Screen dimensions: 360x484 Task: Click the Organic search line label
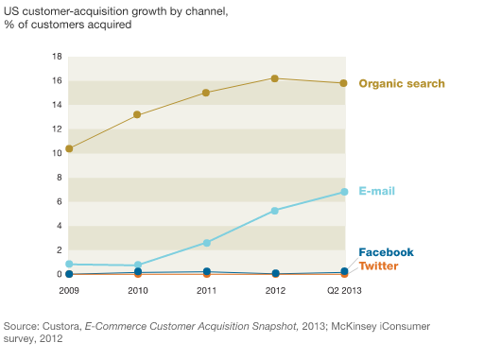(402, 84)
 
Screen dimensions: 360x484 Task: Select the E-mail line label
(376, 191)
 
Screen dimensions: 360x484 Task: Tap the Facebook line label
(386, 252)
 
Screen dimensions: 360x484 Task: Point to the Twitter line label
(378, 266)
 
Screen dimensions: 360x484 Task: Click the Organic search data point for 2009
(69, 148)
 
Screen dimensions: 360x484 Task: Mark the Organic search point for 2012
(274, 78)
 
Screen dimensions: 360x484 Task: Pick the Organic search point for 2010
(138, 114)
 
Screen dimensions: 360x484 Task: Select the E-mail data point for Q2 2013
(343, 192)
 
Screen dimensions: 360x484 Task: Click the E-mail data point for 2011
(206, 243)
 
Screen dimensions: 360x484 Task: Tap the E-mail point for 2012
(274, 211)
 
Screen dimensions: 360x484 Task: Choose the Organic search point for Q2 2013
(343, 83)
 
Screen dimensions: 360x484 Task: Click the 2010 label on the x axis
(138, 290)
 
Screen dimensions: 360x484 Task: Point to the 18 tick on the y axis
(57, 57)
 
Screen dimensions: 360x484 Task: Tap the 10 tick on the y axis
(57, 153)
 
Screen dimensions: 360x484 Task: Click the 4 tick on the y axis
(59, 226)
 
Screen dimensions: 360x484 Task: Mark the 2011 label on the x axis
(206, 290)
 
